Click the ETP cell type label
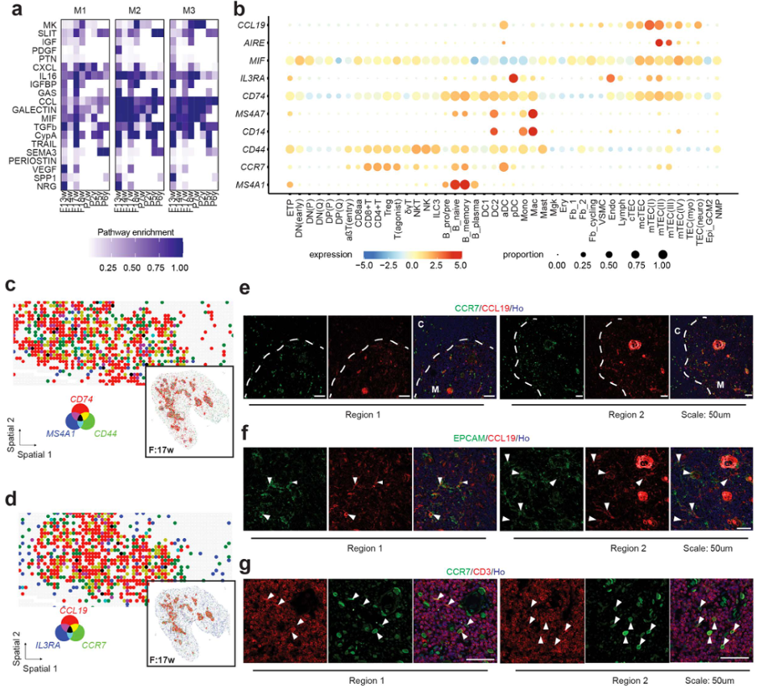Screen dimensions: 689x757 289,205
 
